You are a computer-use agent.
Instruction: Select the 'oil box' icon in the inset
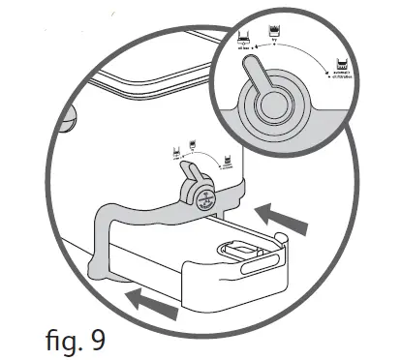(x=243, y=43)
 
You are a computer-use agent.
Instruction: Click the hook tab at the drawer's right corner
(x=279, y=237)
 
